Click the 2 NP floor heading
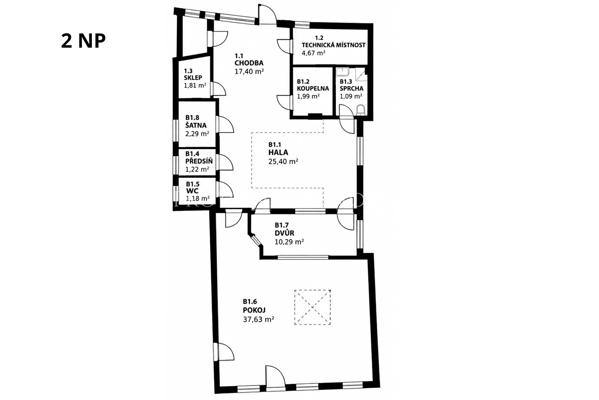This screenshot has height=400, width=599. [x=83, y=41]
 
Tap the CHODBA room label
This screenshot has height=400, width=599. [x=249, y=63]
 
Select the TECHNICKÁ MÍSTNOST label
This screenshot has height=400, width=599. [x=333, y=44]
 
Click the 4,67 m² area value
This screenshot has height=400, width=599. [x=313, y=53]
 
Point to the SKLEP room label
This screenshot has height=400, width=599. [x=193, y=77]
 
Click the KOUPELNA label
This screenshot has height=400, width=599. [x=313, y=88]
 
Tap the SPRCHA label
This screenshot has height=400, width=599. [x=351, y=88]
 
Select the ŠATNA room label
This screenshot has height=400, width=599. [x=196, y=125]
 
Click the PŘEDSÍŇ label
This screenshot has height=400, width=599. [x=199, y=161]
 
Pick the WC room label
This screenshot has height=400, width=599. [x=192, y=191]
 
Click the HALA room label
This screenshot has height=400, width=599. [x=278, y=152]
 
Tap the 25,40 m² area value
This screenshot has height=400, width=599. [x=283, y=161]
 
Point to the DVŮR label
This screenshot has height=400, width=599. [x=284, y=233]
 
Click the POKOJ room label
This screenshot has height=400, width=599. [x=254, y=310]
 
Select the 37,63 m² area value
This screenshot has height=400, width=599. [x=259, y=319]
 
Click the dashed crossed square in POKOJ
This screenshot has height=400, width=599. [x=312, y=307]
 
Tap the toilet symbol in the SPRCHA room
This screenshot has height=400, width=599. [x=361, y=110]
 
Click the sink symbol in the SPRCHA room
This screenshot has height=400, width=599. [x=342, y=72]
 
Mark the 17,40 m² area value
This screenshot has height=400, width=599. [x=249, y=71]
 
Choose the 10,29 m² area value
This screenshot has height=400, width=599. [x=289, y=242]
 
